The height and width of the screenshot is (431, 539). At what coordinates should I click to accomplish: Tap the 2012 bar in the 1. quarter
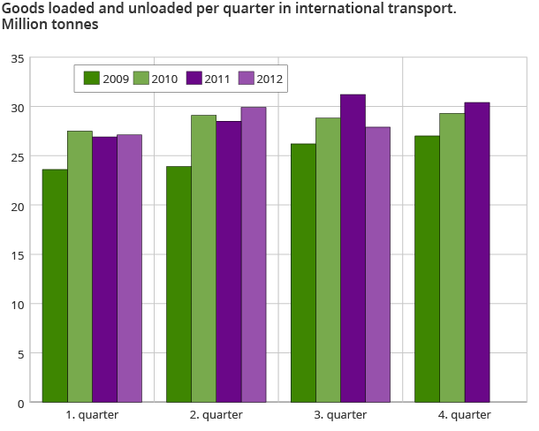click(129, 268)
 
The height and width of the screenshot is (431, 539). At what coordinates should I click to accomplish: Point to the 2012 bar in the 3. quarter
click(378, 264)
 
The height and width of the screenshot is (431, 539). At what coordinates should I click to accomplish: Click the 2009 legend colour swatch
click(92, 78)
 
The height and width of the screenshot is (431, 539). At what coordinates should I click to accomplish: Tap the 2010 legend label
click(164, 79)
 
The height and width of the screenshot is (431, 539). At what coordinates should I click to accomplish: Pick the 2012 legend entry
click(260, 78)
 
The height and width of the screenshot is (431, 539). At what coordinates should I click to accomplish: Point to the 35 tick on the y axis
click(18, 58)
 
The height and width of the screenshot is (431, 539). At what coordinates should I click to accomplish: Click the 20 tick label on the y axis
click(18, 206)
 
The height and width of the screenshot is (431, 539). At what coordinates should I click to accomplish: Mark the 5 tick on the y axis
click(20, 353)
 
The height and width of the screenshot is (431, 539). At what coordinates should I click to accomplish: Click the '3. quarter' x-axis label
click(340, 414)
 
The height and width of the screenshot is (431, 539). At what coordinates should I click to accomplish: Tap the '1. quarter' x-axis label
click(92, 414)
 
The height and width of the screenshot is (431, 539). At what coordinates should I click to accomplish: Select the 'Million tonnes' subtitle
click(49, 25)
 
